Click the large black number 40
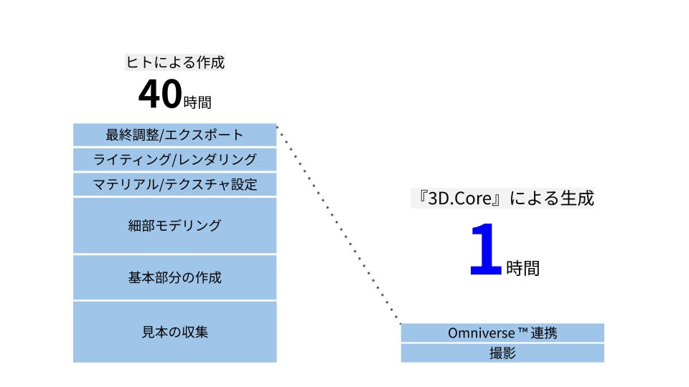coord(159,95)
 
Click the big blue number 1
coord(485,250)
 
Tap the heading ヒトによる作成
coord(175,62)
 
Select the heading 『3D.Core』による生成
coord(502,199)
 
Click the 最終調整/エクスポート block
coord(174,135)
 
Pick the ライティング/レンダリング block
coord(174,159)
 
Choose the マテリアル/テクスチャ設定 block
coord(174,184)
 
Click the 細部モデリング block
coord(174,226)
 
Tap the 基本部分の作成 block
coord(174,277)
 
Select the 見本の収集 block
coord(174,332)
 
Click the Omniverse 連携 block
coord(502,333)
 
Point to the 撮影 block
coord(502,353)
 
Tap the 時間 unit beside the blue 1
coord(522,268)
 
